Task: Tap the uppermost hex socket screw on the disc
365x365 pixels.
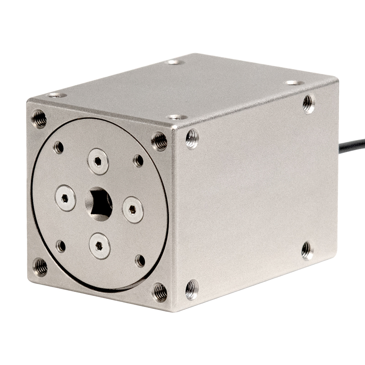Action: [98, 162]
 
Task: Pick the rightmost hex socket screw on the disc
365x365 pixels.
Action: [133, 209]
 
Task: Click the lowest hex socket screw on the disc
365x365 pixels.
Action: [99, 246]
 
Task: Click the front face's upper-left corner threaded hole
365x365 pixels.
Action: [39, 118]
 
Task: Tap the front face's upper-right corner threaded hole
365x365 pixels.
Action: [159, 141]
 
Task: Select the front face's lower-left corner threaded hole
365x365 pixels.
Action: [40, 267]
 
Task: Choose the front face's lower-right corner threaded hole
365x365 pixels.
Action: [159, 292]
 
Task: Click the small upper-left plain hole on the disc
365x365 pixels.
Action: [58, 147]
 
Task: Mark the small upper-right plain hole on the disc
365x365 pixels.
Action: [138, 160]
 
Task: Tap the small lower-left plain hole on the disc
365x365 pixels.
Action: [61, 246]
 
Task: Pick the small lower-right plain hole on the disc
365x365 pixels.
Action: [141, 261]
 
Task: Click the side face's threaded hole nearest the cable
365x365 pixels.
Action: [309, 104]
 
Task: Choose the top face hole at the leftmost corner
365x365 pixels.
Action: [57, 95]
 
